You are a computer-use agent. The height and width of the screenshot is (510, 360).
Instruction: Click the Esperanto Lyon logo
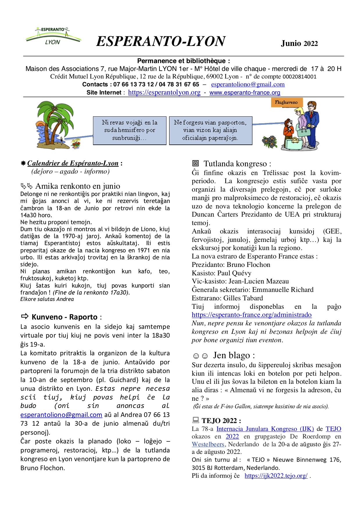click(53, 36)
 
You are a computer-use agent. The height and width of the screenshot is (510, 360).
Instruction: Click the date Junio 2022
click(299, 44)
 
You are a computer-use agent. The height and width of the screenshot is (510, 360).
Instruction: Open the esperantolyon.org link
click(164, 92)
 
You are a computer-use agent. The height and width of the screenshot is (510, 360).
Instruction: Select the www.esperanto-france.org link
click(245, 92)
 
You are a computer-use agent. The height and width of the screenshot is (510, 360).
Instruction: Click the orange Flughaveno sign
click(286, 102)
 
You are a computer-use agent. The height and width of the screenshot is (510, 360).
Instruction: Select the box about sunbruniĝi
click(130, 130)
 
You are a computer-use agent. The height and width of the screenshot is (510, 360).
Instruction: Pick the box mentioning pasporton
click(210, 130)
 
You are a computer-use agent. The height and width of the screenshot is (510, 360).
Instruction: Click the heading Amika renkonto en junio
click(78, 186)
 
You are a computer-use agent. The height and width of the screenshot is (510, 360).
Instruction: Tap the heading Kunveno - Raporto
click(65, 317)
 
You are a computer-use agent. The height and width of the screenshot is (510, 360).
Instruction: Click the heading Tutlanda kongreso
click(237, 164)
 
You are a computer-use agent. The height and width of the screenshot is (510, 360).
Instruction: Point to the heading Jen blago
click(234, 355)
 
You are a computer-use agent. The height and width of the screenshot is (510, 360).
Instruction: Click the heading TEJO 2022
click(221, 421)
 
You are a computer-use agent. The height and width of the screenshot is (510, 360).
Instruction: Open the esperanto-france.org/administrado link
click(252, 315)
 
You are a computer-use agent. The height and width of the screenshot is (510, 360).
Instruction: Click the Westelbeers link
click(208, 444)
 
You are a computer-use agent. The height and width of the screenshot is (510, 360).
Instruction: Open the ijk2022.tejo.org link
click(276, 476)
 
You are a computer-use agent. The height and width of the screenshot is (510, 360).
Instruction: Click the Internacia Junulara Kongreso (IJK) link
click(265, 429)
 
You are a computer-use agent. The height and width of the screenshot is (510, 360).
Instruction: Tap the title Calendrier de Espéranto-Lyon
click(73, 163)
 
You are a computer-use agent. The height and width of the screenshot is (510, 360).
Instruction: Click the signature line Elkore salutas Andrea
click(47, 299)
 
